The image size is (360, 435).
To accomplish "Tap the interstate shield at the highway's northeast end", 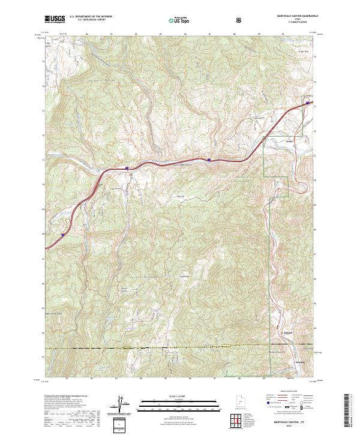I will click(308, 103).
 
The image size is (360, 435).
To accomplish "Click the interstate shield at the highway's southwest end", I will click(63, 236).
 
